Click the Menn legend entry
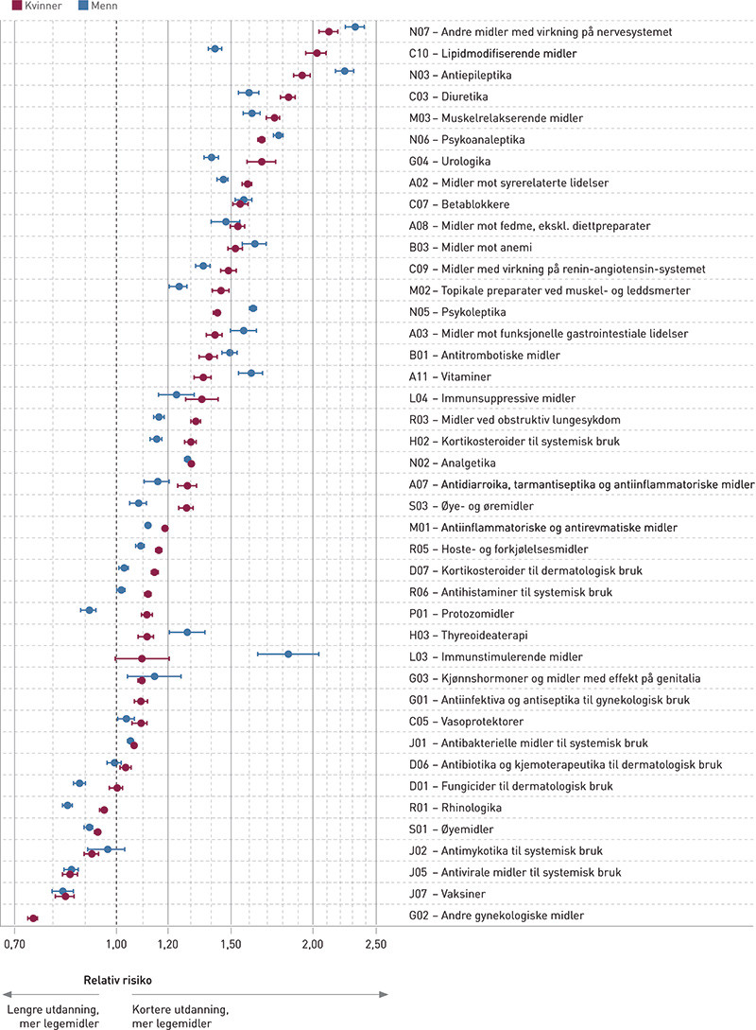pyautogui.click(x=78, y=6)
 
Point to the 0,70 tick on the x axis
pyautogui.click(x=14, y=943)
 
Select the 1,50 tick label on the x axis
pyautogui.click(x=231, y=943)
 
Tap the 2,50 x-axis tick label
pyautogui.click(x=376, y=943)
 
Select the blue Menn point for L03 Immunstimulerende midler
pyautogui.click(x=288, y=654)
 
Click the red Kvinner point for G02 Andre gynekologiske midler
pyautogui.click(x=33, y=918)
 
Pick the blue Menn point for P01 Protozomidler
pyautogui.click(x=90, y=610)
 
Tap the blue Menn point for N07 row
pyautogui.click(x=355, y=26)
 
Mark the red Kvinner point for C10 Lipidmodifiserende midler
pyautogui.click(x=318, y=53)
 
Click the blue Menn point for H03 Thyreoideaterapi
pyautogui.click(x=187, y=632)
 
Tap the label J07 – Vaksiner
pyautogui.click(x=448, y=893)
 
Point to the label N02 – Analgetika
pyautogui.click(x=453, y=463)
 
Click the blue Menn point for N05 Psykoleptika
pyautogui.click(x=252, y=308)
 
